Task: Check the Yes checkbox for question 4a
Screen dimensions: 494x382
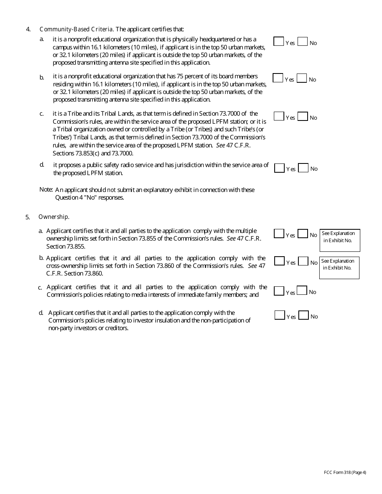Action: pos(278,41)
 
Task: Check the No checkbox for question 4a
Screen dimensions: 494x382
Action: pos(302,41)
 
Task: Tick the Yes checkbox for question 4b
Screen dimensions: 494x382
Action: pos(278,78)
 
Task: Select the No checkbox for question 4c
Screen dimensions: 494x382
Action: pos(303,116)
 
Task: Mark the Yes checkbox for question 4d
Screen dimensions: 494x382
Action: pos(279,168)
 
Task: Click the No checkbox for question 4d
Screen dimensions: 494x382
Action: pos(303,168)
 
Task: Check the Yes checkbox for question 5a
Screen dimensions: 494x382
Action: pos(279,233)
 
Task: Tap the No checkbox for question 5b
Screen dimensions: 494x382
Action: pos(303,261)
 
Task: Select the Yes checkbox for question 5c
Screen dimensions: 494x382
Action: pos(279,291)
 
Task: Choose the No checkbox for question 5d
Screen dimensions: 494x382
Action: pos(304,315)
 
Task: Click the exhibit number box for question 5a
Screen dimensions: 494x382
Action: pos(340,240)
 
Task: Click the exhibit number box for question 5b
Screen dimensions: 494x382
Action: pos(339,268)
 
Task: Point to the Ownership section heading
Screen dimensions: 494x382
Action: pos(54,217)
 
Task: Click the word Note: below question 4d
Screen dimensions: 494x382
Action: pos(46,189)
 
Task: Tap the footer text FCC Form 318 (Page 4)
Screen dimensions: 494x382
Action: pos(345,472)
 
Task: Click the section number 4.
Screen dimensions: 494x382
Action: pos(28,29)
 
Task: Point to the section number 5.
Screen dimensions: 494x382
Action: pos(27,217)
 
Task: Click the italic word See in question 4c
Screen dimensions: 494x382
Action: pos(221,145)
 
